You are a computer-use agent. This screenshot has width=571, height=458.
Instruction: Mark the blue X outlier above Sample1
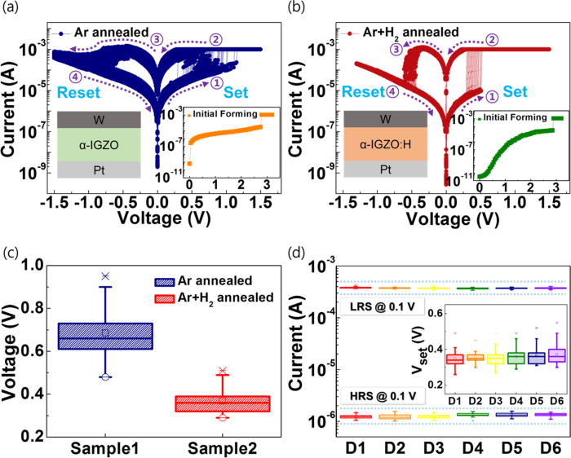[105, 276]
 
